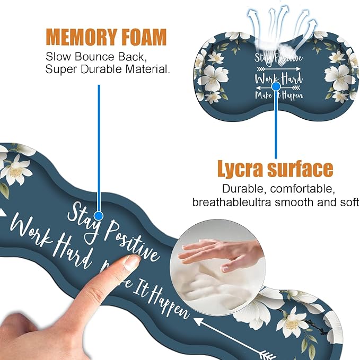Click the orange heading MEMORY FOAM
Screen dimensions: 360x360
point(106,38)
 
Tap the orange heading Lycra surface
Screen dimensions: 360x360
point(275,169)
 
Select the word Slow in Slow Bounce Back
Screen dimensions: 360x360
point(57,56)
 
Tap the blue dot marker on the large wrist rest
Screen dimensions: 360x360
point(98,215)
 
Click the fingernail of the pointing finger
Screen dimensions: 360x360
point(130,262)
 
